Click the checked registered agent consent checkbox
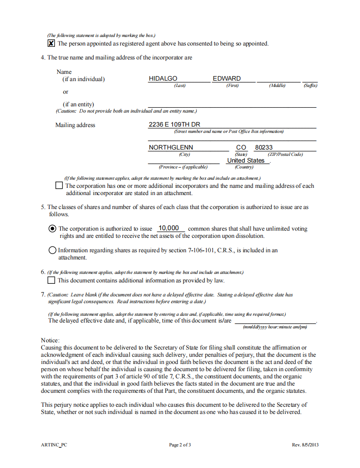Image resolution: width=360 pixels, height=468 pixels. coord(51,43)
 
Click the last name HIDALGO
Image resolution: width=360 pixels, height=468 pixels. coord(163,78)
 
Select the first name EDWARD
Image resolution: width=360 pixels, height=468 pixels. coord(227,78)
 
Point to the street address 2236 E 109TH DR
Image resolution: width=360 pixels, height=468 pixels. coord(174,124)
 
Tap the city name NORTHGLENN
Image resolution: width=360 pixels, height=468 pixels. coord(171,147)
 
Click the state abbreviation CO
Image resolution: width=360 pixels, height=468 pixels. coord(241,147)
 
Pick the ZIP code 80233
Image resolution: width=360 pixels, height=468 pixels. coord(264,147)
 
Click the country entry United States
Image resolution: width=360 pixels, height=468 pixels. coord(246,160)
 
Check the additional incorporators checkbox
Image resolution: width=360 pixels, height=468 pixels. coord(59,185)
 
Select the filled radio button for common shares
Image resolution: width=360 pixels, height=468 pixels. coord(52,228)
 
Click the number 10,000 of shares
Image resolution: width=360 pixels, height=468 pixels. coord(169,228)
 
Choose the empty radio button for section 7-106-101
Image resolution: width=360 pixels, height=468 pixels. coord(52,250)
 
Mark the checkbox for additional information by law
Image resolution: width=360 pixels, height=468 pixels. coord(51,280)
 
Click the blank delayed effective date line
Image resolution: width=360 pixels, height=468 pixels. coord(275,320)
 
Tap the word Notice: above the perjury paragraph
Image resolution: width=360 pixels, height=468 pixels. coord(50,341)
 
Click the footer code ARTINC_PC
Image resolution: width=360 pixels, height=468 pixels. coord(54,445)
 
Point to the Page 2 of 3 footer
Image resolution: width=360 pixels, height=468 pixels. coord(180,445)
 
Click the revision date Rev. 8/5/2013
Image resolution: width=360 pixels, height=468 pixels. coord(305,445)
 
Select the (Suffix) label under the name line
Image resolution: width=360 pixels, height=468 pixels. coord(310,86)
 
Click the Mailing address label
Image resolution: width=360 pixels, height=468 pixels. coord(75,125)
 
